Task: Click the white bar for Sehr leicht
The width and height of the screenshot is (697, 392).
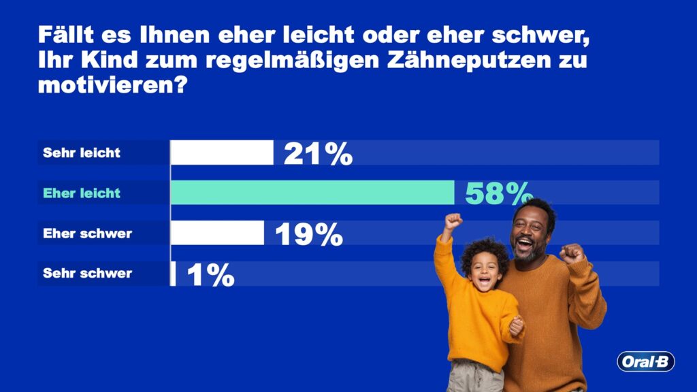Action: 221,152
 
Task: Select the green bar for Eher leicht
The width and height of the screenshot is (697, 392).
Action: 312,193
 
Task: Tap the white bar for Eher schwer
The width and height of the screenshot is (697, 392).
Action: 216,233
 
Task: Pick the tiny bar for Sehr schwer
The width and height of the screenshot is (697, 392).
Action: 173,274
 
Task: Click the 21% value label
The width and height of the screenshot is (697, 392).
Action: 318,154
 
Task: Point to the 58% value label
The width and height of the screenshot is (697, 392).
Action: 497,194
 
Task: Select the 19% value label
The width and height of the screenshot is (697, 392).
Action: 308,235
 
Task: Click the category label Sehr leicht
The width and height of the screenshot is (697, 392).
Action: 82,152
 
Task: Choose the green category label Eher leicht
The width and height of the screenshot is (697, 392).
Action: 82,193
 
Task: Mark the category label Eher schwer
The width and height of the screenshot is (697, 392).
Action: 87,233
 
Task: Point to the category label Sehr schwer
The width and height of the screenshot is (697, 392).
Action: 87,274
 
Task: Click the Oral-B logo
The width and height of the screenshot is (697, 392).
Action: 645,361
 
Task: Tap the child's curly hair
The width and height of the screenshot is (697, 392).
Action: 484,249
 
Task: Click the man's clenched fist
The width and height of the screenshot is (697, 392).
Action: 570,254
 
